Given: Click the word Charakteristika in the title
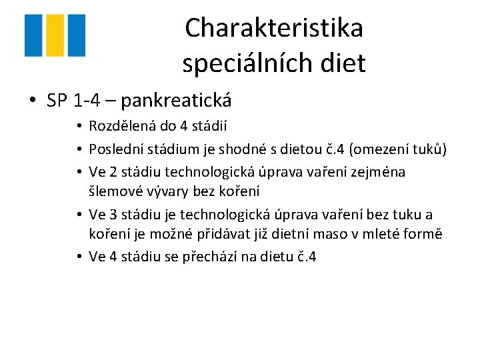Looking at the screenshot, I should tap(274, 28).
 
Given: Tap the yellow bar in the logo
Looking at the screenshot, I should tap(55, 35).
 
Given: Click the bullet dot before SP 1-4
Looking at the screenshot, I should tap(33, 101).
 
